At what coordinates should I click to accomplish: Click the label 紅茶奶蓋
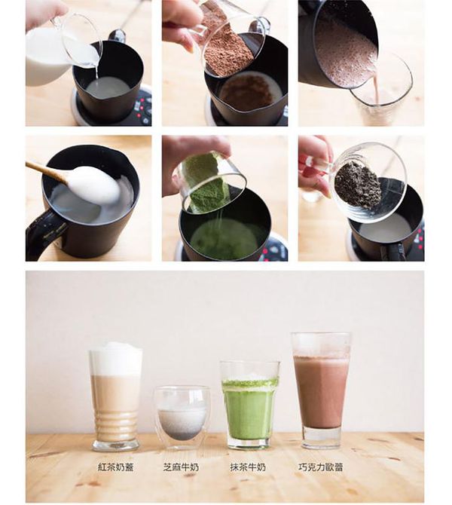point(115,467)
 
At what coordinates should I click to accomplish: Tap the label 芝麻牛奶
point(181,467)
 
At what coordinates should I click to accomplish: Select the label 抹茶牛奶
point(248,467)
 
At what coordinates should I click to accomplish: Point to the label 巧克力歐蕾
point(320,467)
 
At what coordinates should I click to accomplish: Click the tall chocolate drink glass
point(321,390)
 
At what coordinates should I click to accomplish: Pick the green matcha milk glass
point(250,406)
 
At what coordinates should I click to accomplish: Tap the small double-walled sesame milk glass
point(182,418)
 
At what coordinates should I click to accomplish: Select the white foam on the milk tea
point(116,359)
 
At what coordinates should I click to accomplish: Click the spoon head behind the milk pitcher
point(117,35)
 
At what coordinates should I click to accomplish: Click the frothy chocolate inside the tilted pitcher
point(344,54)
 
